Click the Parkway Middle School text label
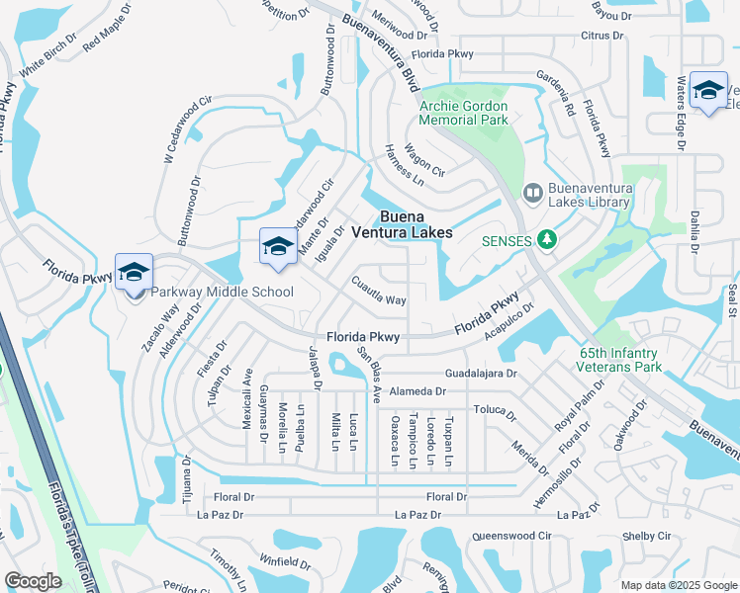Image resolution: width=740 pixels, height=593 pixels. (222, 292)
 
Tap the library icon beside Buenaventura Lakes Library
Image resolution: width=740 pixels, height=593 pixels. (532, 193)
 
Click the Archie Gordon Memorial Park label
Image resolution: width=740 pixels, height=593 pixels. (464, 113)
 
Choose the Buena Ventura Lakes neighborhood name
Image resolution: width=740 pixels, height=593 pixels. (413, 224)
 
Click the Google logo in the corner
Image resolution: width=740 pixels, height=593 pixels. (33, 581)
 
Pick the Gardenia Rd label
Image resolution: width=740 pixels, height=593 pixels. (555, 94)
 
